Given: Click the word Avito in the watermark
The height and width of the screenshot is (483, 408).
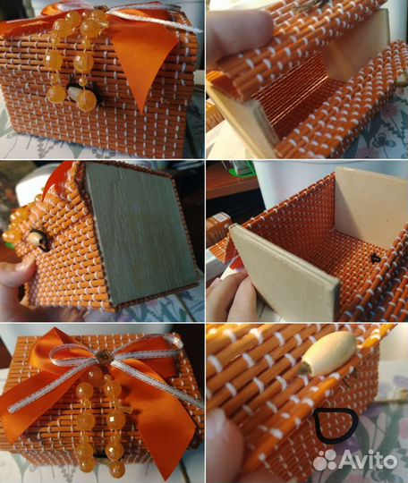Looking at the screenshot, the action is click(x=369, y=461).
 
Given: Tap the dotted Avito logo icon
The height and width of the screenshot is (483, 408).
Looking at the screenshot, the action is click(x=325, y=461).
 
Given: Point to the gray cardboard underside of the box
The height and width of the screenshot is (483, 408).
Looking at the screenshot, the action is click(x=141, y=234).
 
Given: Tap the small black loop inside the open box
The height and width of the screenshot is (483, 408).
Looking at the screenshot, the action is click(x=375, y=258).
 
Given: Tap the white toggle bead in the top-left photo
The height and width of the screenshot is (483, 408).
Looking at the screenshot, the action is click(x=73, y=92).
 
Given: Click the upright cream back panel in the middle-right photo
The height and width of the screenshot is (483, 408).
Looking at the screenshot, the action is click(x=370, y=203).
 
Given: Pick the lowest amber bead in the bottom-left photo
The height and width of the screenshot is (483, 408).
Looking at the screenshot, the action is click(x=117, y=468).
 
